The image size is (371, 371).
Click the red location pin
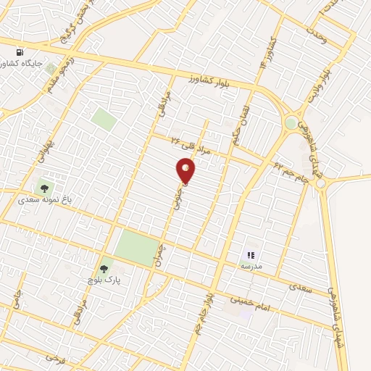tap(186, 170)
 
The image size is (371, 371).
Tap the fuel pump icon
tap(20, 52)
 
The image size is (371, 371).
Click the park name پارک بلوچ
tap(104, 279)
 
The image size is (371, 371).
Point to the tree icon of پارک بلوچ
tap(104, 268)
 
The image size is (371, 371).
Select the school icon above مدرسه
tap(251, 255)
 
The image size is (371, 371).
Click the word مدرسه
tap(250, 267)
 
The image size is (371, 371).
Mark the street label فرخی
tap(50, 357)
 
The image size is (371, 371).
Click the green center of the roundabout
tap(291, 124)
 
